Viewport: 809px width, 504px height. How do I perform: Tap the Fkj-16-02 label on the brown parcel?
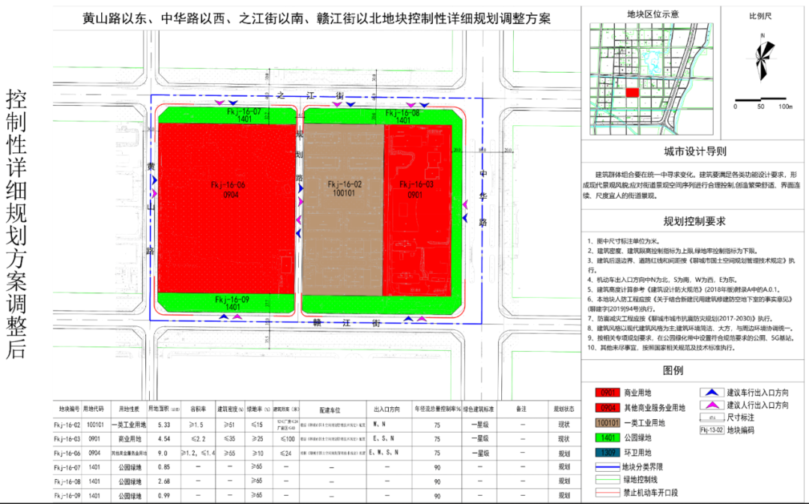345,184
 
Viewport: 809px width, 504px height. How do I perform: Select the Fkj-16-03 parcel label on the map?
416,184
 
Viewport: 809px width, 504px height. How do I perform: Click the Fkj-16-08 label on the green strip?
402,112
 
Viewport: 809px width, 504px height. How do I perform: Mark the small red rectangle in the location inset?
632,92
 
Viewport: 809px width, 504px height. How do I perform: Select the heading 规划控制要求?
694,221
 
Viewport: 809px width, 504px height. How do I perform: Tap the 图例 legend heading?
694,371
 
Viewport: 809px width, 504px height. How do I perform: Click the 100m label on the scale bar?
785,106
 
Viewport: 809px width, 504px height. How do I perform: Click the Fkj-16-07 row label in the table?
70,466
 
